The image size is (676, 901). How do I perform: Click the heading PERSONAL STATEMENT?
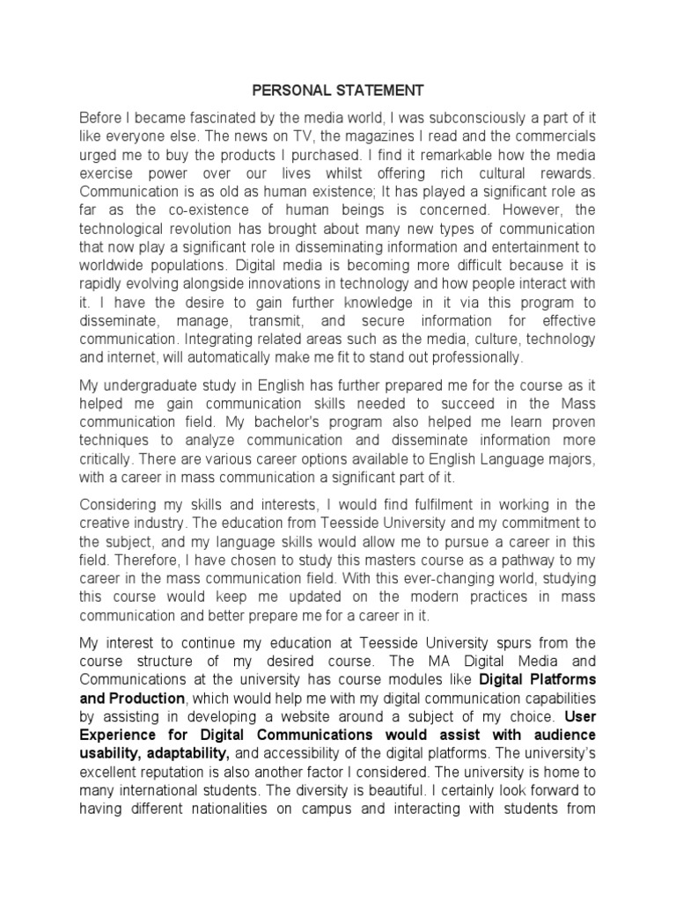[x=338, y=91]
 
